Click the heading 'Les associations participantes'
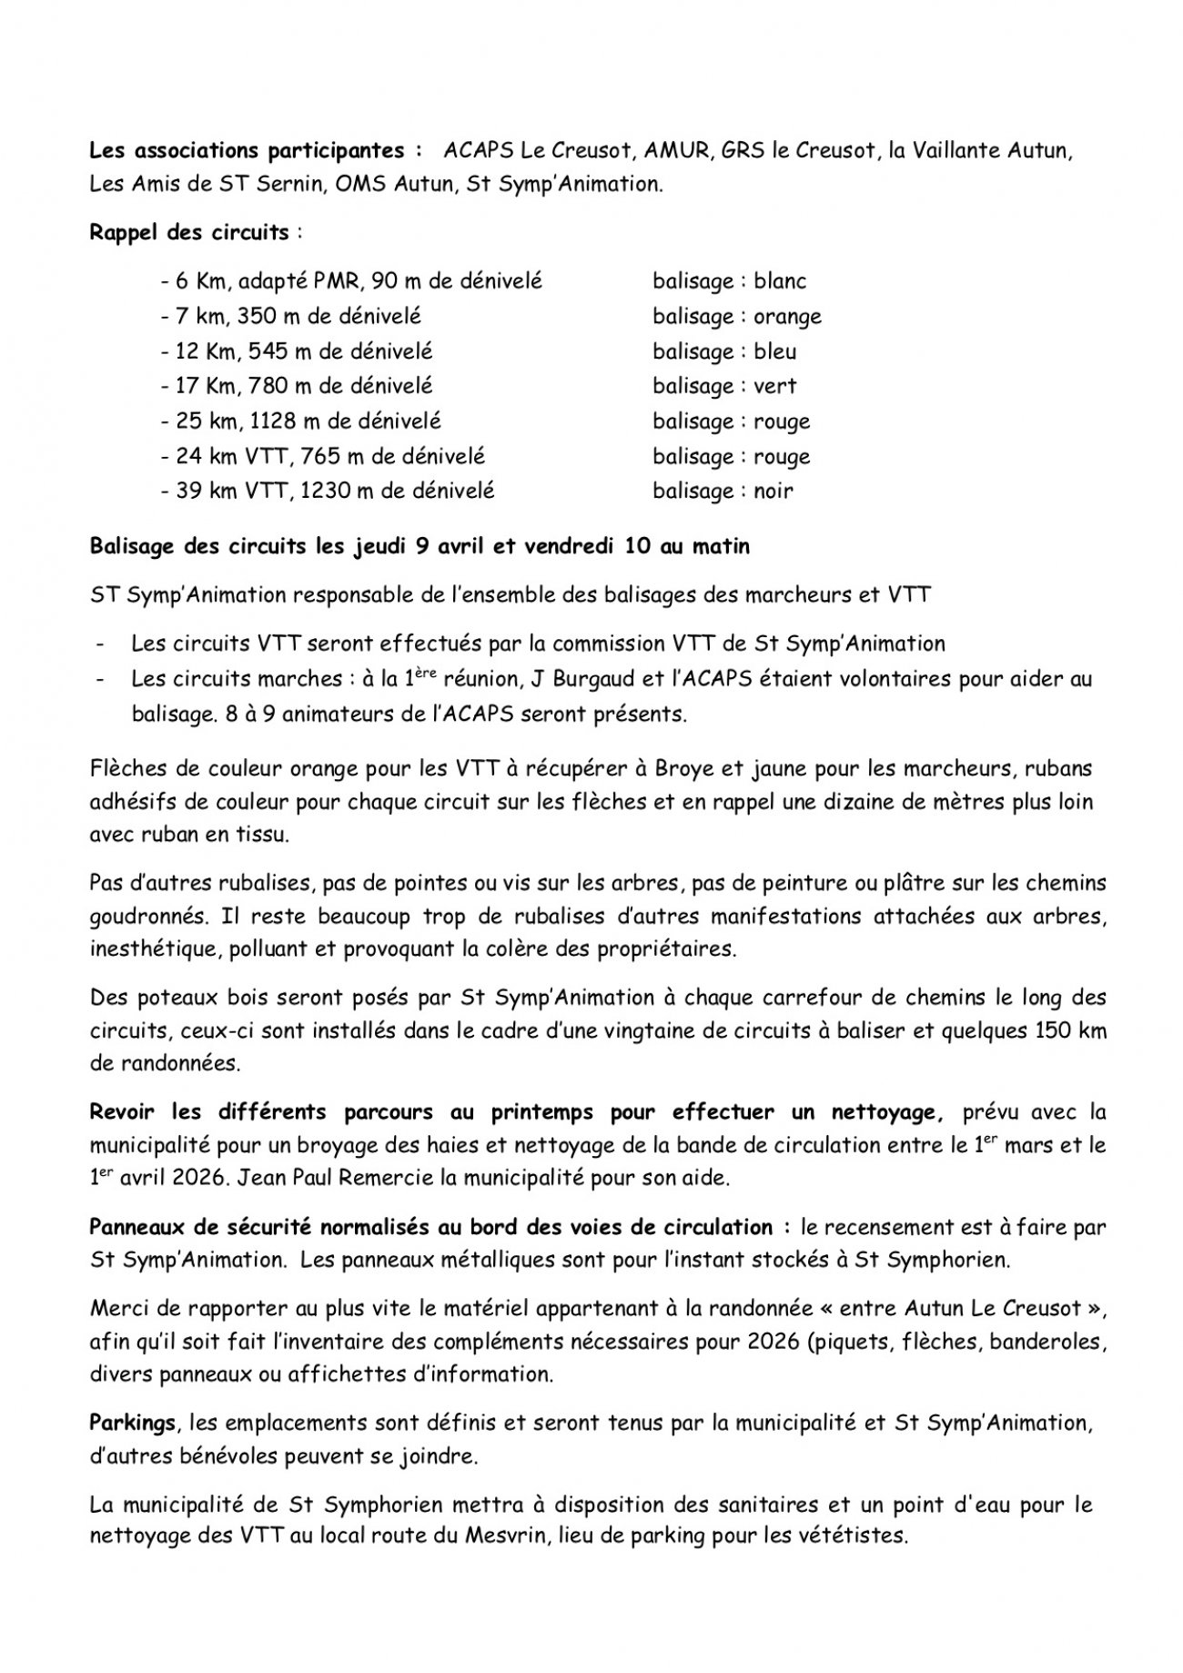(x=247, y=149)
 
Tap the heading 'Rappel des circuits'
(x=189, y=231)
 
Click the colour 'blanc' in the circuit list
(x=780, y=281)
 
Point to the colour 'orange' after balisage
(x=787, y=317)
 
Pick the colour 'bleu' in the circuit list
(x=774, y=351)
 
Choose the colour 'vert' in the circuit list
(x=774, y=386)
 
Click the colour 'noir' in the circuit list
(x=773, y=491)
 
